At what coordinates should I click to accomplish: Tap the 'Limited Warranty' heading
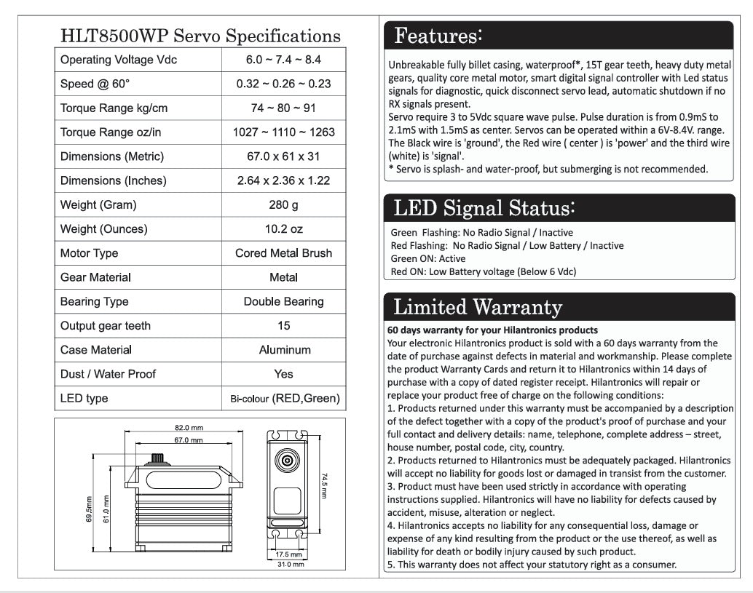477,307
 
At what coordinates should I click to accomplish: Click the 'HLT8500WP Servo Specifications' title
200,36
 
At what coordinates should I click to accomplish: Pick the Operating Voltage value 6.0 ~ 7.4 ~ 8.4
283,60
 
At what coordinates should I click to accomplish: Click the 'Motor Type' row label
89,253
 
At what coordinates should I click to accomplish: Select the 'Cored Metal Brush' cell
283,253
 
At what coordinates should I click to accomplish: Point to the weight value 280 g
283,205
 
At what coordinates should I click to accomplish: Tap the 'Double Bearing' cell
283,301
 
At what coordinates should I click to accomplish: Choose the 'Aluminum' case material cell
283,350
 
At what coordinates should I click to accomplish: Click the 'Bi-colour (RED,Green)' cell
283,398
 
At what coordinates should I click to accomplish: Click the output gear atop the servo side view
157,459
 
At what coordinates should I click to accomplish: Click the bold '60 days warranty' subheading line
493,330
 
